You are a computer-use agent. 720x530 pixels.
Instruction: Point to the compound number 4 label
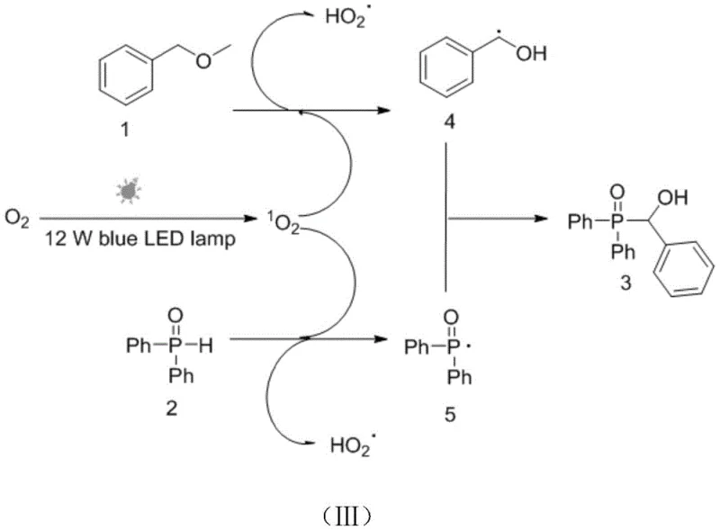(x=448, y=123)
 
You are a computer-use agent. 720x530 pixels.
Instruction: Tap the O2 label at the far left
(x=15, y=218)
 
